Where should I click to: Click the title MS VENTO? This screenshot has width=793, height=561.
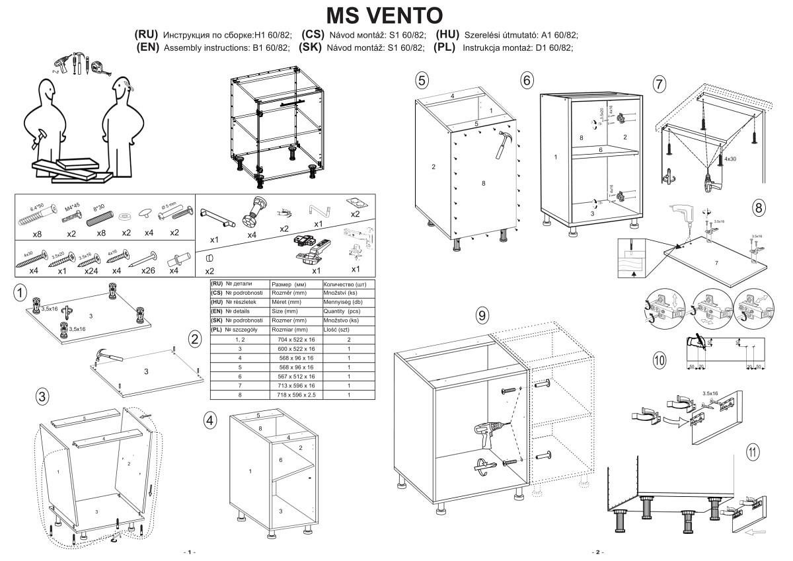[386, 15]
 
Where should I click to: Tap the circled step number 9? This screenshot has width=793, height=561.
[482, 316]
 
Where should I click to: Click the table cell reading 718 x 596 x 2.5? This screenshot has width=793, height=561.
[295, 394]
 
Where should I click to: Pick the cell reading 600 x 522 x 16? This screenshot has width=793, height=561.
[295, 348]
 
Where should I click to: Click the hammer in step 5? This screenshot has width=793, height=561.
[506, 143]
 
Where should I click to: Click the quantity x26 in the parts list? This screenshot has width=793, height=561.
[148, 271]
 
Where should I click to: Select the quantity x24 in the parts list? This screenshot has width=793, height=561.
[91, 271]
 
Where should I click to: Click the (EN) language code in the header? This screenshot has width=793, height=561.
[147, 47]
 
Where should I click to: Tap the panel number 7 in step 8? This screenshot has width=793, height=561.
[715, 262]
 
